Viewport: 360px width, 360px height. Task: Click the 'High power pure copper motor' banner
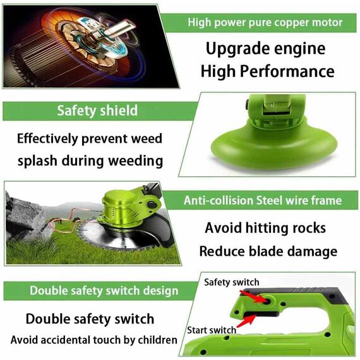[x=265, y=23]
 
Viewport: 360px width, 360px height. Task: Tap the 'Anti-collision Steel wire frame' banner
[x=263, y=201]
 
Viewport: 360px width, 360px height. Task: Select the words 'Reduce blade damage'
[x=268, y=251]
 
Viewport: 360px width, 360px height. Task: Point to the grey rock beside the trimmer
[x=25, y=215]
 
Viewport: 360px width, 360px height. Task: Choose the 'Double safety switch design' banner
[x=104, y=291]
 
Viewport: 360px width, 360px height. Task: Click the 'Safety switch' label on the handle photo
[x=231, y=282]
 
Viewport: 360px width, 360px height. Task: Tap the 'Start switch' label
[x=212, y=330]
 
